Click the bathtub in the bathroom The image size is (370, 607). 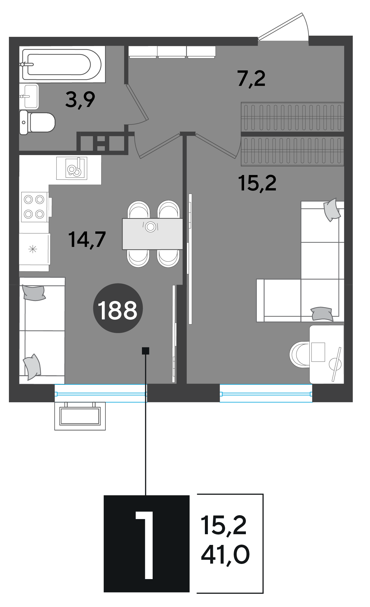pos(62,64)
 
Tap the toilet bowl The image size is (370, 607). pos(37,122)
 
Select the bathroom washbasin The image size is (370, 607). pos(29,96)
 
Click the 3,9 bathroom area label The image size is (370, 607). pos(80,100)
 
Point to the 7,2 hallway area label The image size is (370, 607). pos(251,79)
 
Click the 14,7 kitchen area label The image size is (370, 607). pos(87,239)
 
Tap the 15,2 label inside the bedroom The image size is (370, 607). pos(257,183)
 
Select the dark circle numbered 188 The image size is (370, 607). pos(118,308)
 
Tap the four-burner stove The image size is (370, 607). pos(34,207)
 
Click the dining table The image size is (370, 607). pos(152,234)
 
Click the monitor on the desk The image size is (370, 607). pos(318,352)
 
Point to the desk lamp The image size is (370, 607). pos(336,364)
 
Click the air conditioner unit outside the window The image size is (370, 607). pos(80,416)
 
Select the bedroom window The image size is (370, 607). pos(266,393)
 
